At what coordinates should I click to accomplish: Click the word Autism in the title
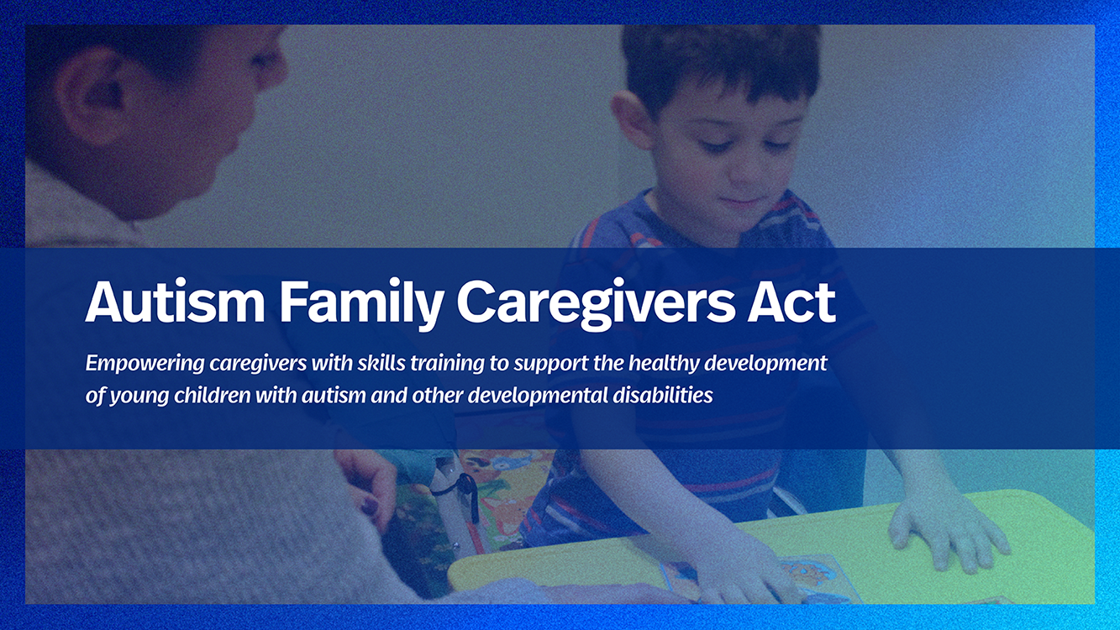(175, 302)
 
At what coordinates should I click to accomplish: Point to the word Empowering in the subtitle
(145, 364)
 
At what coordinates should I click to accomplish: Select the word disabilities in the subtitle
(663, 395)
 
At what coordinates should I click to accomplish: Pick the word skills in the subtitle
(381, 363)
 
